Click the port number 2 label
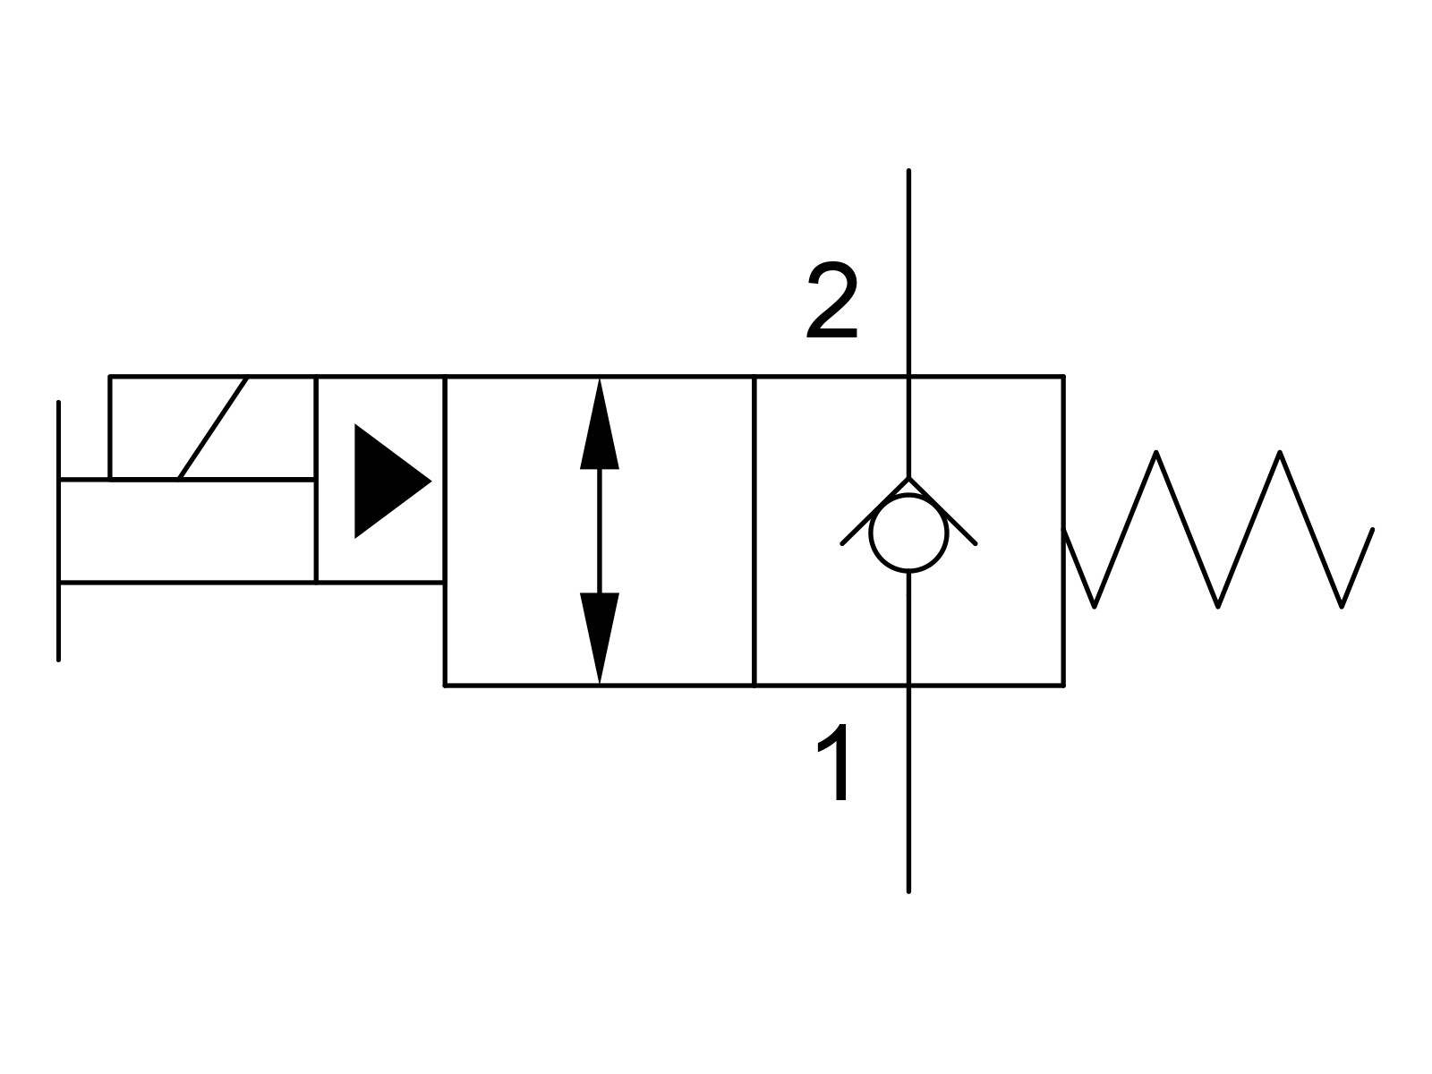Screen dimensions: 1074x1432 pos(832,303)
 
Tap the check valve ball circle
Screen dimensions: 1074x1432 pos(908,533)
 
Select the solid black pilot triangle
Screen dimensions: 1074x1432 pos(387,482)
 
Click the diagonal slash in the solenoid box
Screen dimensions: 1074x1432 pos(213,428)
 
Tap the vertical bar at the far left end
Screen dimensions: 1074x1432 pos(59,530)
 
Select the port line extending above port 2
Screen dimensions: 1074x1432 pos(908,268)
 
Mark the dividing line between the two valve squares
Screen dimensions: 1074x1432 pos(754,530)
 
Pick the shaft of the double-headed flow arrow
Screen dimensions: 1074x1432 pos(599,531)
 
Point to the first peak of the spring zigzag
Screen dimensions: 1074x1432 pos(1156,454)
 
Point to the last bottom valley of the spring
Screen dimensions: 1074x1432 pos(1342,606)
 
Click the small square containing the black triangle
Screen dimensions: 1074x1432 pos(380,480)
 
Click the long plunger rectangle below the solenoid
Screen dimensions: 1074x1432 pos(187,531)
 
